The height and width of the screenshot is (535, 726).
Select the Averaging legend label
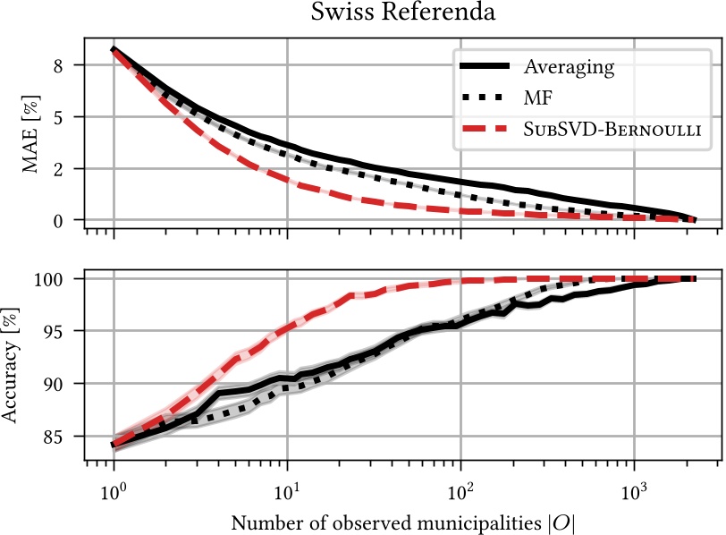pos(569,67)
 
